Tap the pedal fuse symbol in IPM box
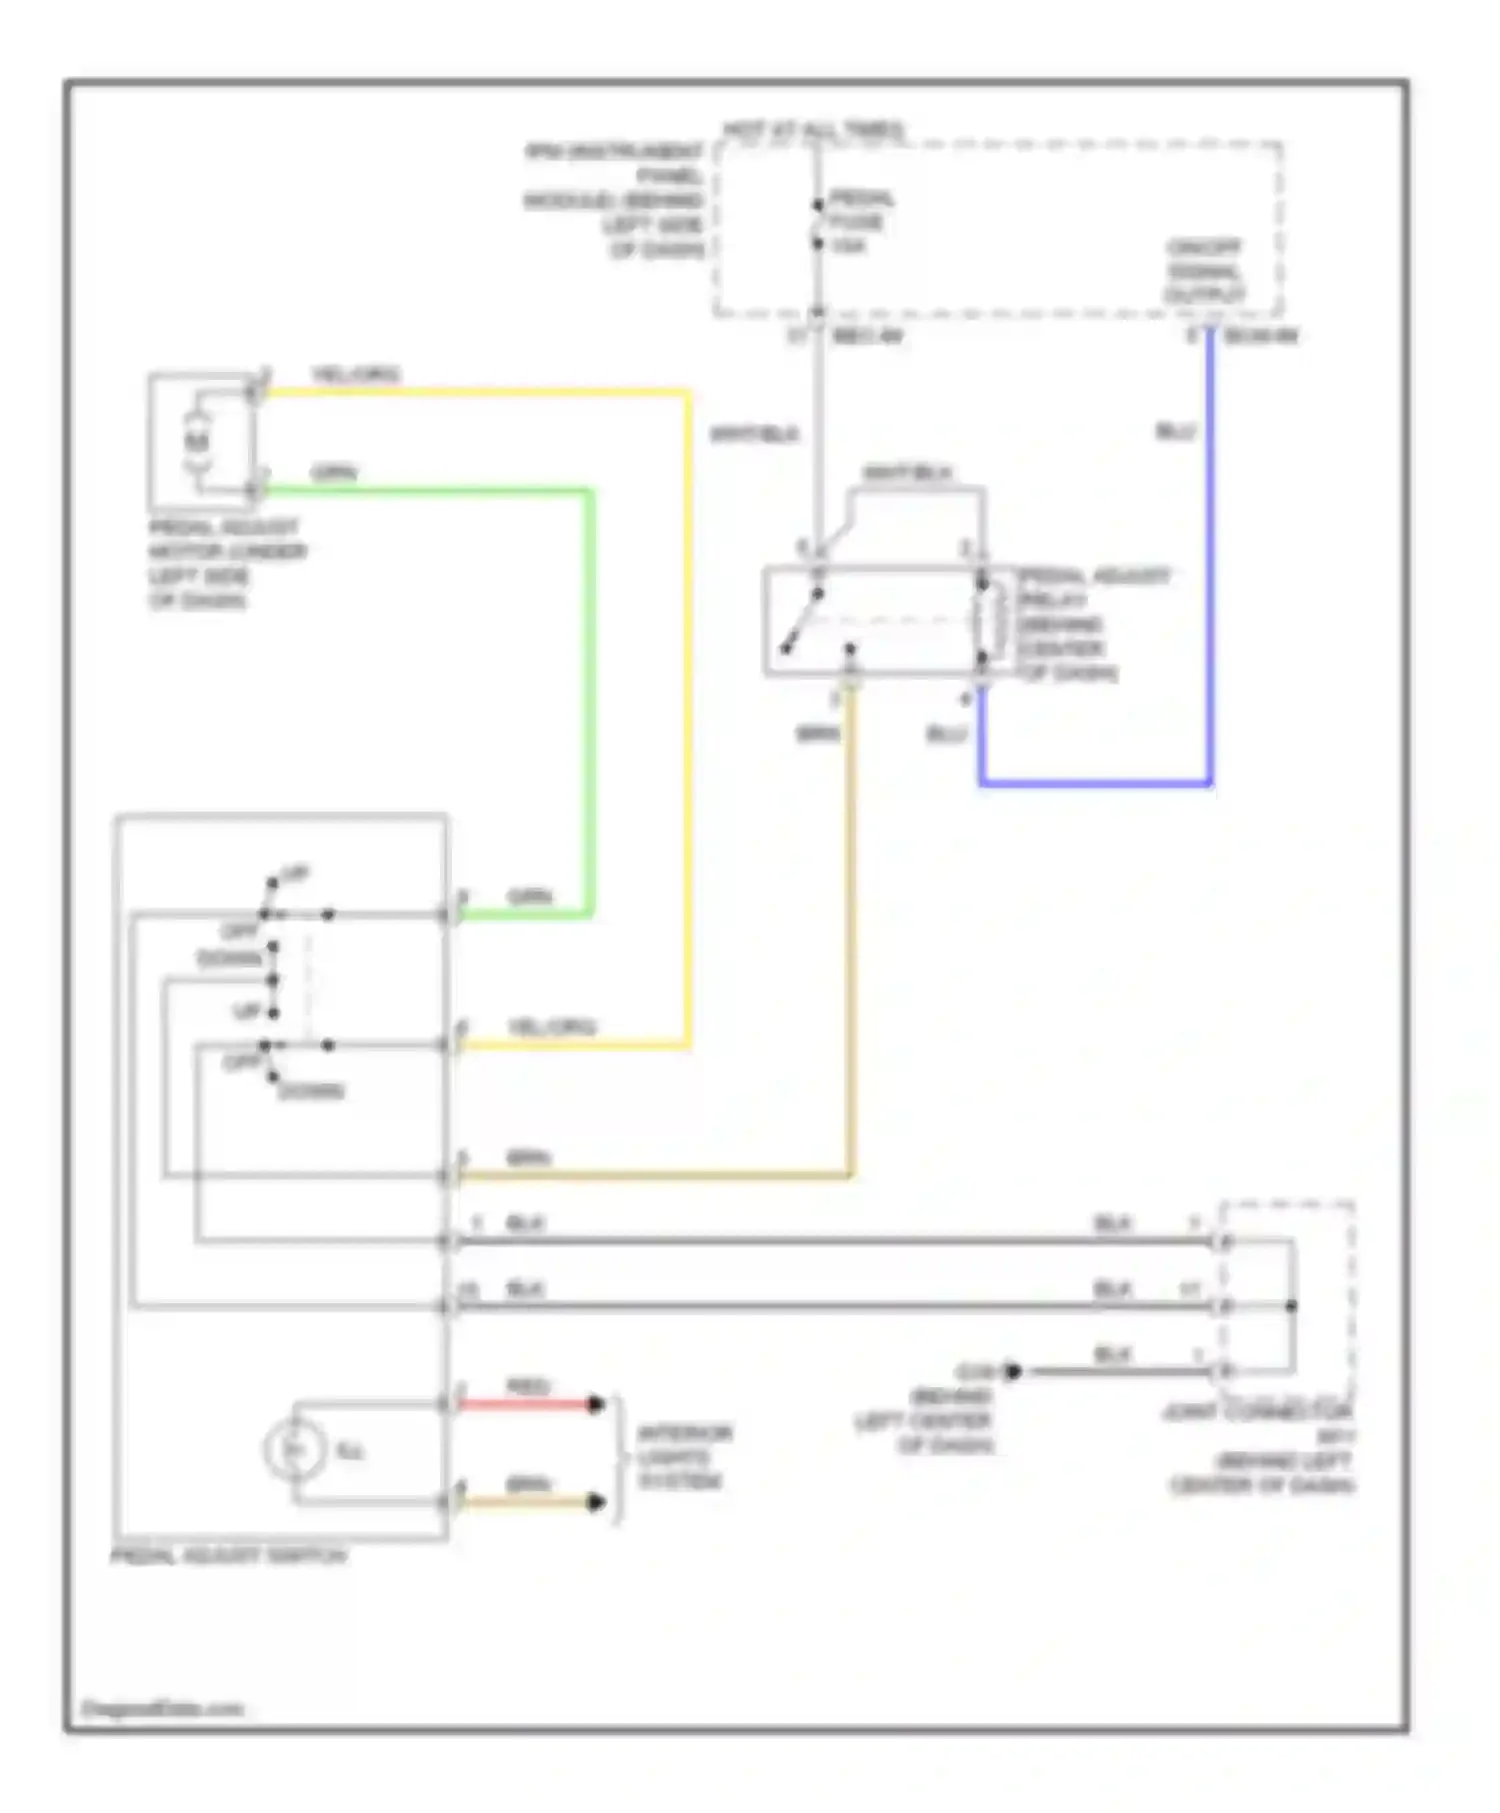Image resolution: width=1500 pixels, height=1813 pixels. [817, 223]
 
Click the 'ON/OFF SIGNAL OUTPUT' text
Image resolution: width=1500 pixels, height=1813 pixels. [1205, 272]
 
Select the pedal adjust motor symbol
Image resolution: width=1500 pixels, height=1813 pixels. [197, 441]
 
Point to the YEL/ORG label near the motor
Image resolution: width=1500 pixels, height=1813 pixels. [355, 375]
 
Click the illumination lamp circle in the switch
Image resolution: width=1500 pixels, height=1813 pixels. [293, 1449]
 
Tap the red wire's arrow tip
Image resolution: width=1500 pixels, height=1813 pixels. [596, 1404]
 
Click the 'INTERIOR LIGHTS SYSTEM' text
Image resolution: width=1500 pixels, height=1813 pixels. [685, 1457]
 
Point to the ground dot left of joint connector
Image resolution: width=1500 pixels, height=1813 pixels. [1012, 1371]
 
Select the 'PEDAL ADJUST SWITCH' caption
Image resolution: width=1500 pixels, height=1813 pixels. [228, 1556]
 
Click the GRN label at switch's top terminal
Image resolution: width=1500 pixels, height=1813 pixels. [529, 897]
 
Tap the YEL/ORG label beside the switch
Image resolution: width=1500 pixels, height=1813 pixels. [551, 1026]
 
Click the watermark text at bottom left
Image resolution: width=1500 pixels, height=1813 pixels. [162, 1709]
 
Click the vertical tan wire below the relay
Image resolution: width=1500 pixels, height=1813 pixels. [851, 929]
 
